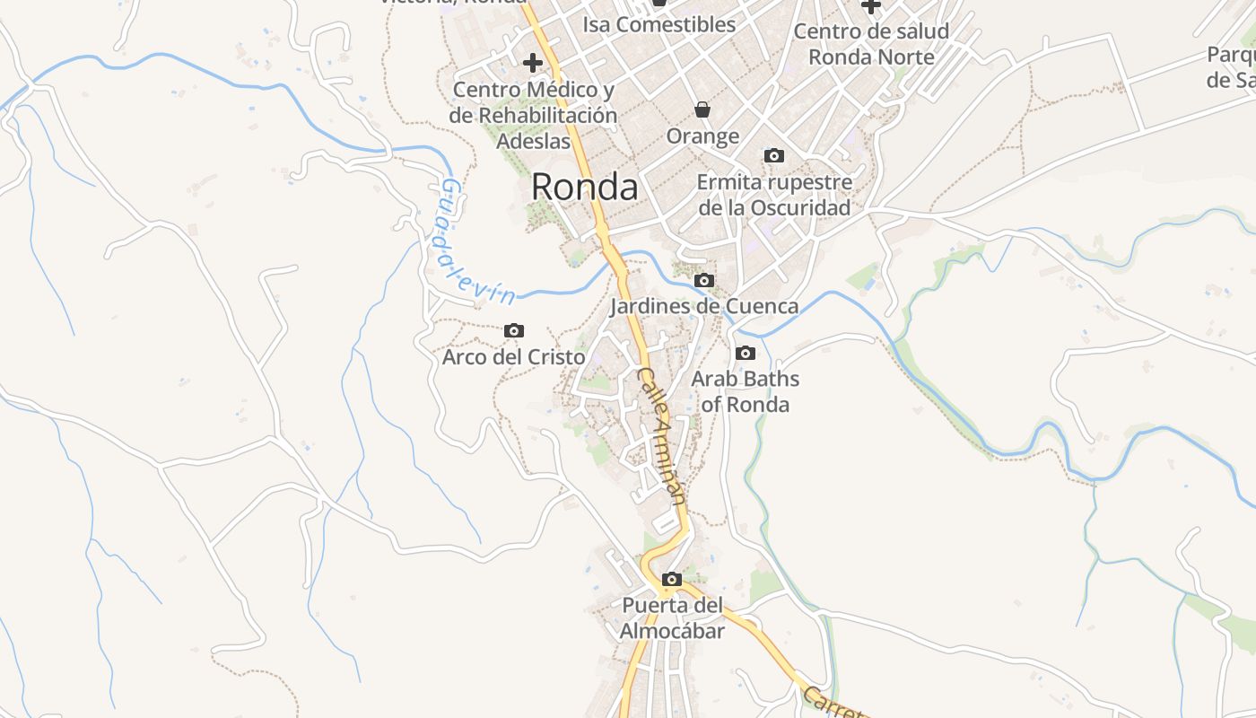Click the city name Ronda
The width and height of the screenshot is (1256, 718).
584,187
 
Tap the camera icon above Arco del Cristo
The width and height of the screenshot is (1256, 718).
514,331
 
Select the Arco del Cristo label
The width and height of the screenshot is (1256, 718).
514,357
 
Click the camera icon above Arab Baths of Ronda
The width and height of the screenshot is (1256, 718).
746,354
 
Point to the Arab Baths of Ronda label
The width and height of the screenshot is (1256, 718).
745,391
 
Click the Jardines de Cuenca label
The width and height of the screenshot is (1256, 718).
704,306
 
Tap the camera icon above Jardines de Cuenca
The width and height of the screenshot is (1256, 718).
704,281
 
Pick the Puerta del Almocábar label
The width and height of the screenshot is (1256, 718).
672,618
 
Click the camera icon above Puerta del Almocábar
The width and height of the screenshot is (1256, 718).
672,580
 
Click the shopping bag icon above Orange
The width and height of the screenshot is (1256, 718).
702,109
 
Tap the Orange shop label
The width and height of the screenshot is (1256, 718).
702,136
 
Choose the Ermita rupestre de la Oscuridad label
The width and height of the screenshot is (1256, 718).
774,195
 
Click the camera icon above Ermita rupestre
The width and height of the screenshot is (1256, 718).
774,156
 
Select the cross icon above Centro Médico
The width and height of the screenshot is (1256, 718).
533,63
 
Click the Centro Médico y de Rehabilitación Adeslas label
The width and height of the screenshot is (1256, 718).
534,115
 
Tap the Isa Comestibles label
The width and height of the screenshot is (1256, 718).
659,24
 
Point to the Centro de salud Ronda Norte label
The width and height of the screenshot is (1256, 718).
871,44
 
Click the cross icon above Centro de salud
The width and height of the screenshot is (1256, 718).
871,5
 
